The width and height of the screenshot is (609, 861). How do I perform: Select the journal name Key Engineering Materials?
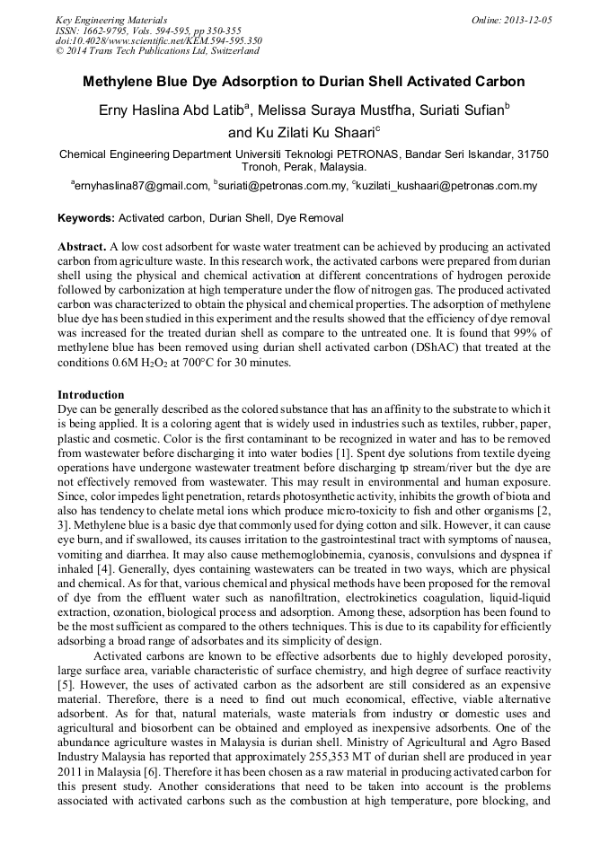pyautogui.click(x=110, y=19)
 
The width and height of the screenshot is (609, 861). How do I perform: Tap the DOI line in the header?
pyautogui.click(x=158, y=40)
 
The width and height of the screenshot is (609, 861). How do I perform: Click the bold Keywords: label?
pyautogui.click(x=86, y=218)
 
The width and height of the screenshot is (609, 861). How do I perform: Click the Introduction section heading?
pyautogui.click(x=91, y=394)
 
